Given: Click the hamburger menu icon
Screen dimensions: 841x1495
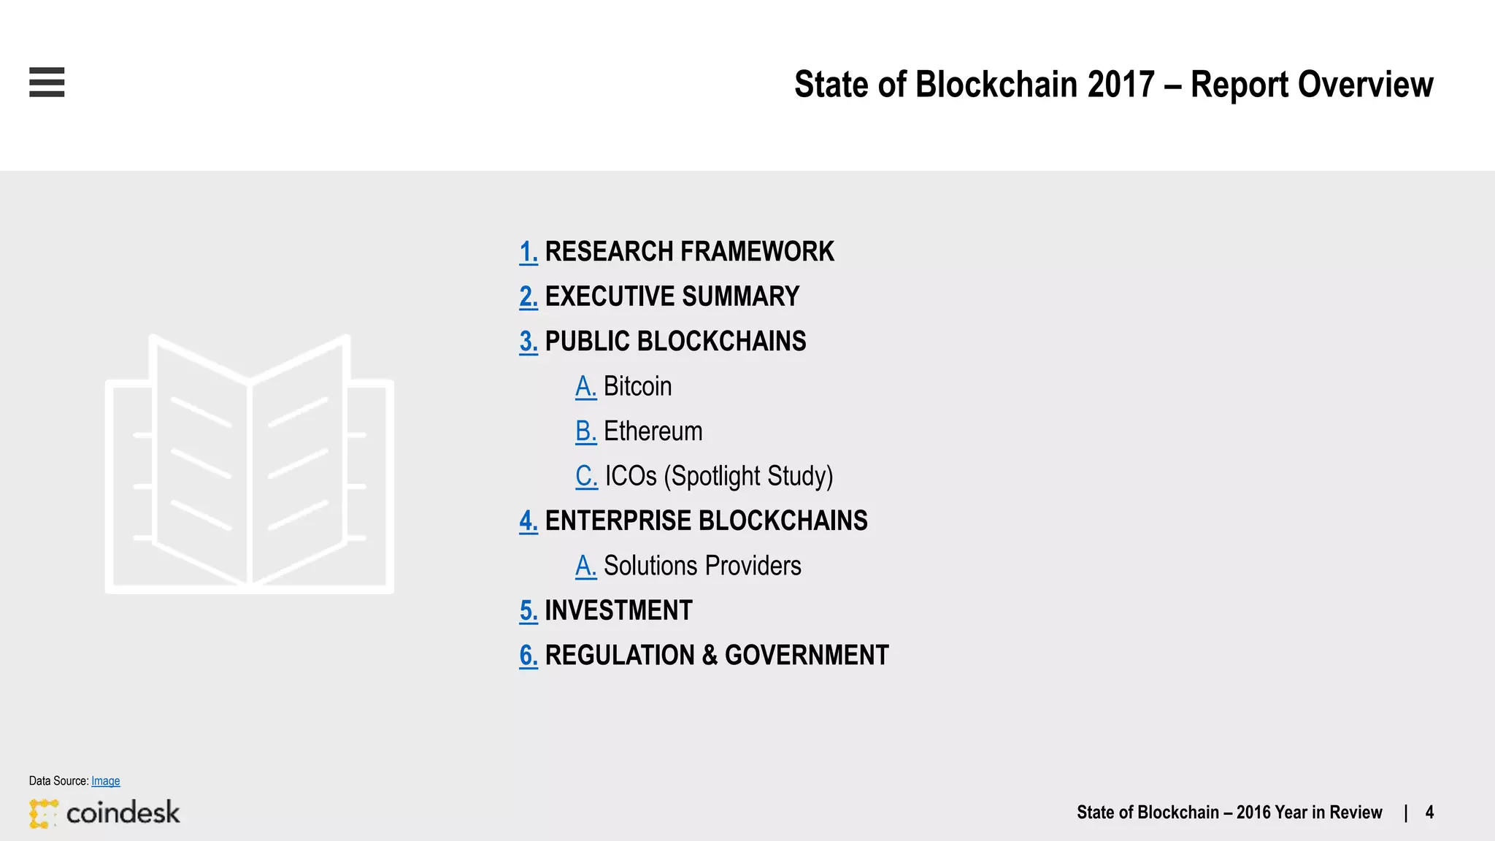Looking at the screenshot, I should (47, 82).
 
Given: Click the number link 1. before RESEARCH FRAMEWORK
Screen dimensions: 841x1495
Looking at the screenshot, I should (529, 252).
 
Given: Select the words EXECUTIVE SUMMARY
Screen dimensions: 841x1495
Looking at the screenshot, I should (672, 296).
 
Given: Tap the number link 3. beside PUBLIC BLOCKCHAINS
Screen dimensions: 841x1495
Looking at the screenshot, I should (529, 342).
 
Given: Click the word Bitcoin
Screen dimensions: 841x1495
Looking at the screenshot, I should (637, 386).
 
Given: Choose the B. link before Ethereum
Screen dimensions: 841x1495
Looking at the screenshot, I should (585, 431).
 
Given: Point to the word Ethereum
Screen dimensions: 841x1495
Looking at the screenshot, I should (653, 431).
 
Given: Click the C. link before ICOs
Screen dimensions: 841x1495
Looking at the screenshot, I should (586, 476).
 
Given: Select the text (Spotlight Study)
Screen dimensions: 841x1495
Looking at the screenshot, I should (748, 476).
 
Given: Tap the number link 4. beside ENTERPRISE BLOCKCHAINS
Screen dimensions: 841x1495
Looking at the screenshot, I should (529, 521).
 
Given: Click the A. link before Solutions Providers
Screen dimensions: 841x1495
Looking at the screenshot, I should (585, 566).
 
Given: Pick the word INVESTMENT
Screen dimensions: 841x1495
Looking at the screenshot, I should (618, 610).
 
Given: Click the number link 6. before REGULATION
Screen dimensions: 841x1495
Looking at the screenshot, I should (529, 656).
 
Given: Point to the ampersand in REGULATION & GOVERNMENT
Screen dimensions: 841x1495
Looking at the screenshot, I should (710, 656).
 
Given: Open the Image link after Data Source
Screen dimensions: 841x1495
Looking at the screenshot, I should (105, 781).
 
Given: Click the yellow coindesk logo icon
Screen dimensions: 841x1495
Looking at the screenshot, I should (43, 813).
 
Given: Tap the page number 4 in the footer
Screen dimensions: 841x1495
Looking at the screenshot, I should (1429, 813).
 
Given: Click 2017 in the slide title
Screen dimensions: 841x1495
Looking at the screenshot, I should (1121, 85).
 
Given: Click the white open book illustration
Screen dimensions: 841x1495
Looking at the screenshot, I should (250, 464).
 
